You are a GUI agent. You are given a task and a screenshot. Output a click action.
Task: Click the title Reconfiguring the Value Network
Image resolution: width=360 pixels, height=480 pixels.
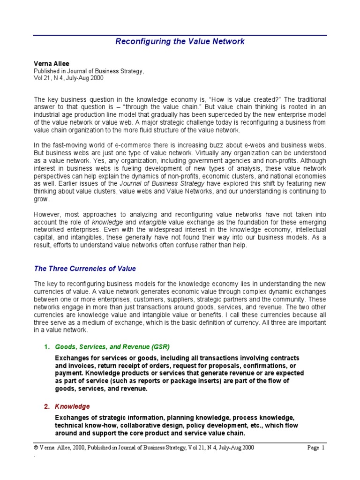pyautogui.click(x=180, y=41)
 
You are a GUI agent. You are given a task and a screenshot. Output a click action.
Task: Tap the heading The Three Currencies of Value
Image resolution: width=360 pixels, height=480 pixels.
pyautogui.click(x=85, y=269)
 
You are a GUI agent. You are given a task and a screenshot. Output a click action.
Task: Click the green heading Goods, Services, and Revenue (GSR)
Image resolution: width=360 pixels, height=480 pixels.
pyautogui.click(x=112, y=347)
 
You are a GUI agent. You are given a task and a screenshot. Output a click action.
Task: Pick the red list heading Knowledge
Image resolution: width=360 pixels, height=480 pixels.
pyautogui.click(x=73, y=406)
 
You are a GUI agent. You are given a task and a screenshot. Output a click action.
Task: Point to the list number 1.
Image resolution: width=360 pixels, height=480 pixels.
pyautogui.click(x=46, y=347)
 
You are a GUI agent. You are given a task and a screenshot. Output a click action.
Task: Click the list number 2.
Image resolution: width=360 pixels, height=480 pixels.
pyautogui.click(x=46, y=406)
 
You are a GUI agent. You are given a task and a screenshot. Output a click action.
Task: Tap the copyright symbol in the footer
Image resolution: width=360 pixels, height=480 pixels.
pyautogui.click(x=36, y=448)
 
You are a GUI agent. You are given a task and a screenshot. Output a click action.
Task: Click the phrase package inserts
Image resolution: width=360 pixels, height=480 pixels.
pyautogui.click(x=209, y=381)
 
